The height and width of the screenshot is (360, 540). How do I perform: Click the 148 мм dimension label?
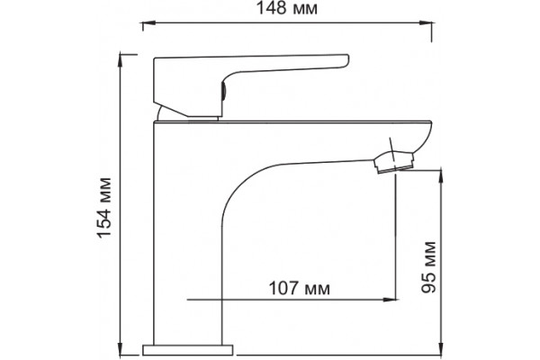pyautogui.click(x=286, y=8)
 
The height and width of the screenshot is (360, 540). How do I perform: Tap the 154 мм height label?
pyautogui.click(x=104, y=208)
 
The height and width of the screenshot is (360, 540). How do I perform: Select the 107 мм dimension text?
pyautogui.click(x=299, y=288)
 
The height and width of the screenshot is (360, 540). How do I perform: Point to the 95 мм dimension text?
pyautogui.click(x=428, y=267)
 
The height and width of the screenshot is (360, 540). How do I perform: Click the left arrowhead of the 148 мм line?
pyautogui.click(x=148, y=23)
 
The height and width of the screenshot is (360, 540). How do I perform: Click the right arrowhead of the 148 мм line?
pyautogui.click(x=427, y=23)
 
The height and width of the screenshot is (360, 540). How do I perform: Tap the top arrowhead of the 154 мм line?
pyautogui.click(x=121, y=60)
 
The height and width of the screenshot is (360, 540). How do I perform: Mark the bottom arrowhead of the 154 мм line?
pyautogui.click(x=121, y=348)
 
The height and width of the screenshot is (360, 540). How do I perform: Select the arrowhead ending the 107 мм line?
pyautogui.click(x=390, y=300)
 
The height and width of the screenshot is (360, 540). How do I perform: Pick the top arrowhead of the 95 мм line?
pyautogui.click(x=440, y=176)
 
